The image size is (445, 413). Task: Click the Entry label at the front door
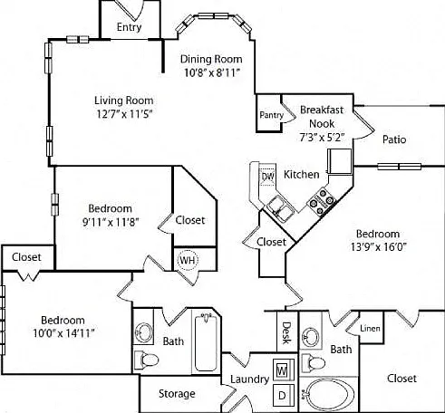129,27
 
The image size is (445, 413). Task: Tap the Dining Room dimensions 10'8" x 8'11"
212,72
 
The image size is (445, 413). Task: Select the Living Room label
124,101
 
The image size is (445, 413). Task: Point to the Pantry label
272,115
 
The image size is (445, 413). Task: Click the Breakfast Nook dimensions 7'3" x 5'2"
322,138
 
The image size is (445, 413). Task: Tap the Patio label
394,139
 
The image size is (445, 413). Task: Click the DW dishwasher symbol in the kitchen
267,177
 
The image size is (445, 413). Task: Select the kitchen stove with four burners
321,201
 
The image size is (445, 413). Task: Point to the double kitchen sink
280,209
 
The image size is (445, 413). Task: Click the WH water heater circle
188,260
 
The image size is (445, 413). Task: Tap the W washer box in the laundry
283,370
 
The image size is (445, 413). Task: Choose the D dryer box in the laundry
283,395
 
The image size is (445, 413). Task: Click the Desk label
286,332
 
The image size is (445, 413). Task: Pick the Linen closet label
370,328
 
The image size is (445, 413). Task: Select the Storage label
177,393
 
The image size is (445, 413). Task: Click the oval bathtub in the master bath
330,394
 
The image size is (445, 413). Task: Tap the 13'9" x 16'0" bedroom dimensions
378,247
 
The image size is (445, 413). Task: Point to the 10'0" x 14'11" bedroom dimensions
63,333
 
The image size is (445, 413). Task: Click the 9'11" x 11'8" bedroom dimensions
111,223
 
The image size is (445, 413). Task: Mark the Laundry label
249,379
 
